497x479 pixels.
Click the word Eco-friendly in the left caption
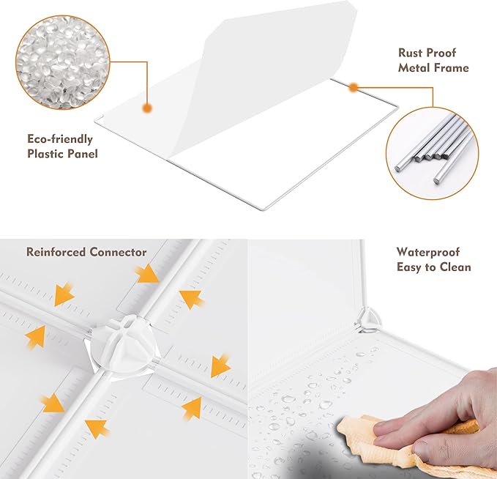[x=60, y=139]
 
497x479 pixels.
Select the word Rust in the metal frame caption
[x=411, y=53]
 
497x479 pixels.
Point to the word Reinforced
[x=56, y=252]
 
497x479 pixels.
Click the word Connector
[x=118, y=252]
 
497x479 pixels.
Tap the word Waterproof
[x=428, y=252]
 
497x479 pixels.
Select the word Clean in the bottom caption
[x=455, y=267]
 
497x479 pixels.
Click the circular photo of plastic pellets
[x=63, y=62]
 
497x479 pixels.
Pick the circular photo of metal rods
[x=433, y=154]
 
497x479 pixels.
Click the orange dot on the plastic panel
[x=146, y=108]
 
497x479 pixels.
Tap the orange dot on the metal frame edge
[x=354, y=87]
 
